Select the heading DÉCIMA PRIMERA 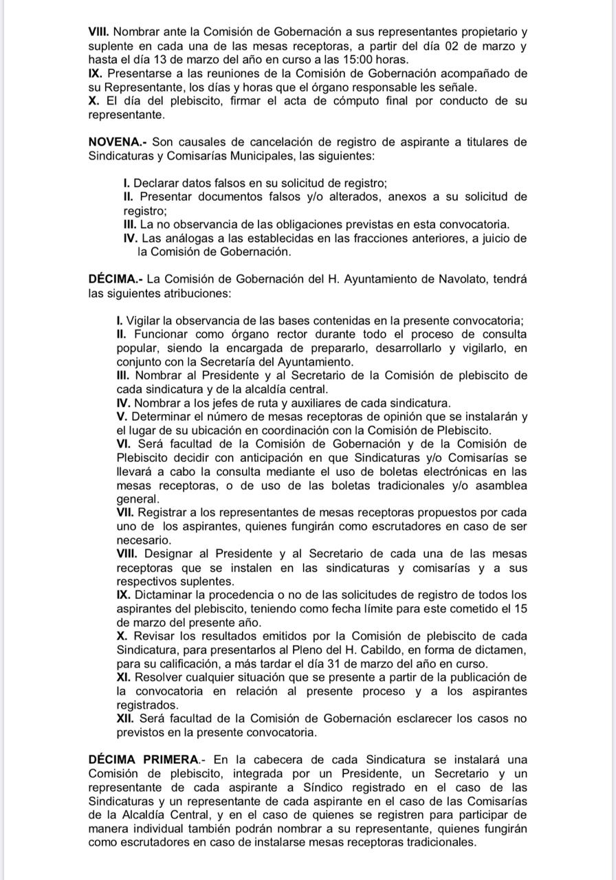[x=144, y=760]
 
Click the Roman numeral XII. [x=126, y=718]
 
